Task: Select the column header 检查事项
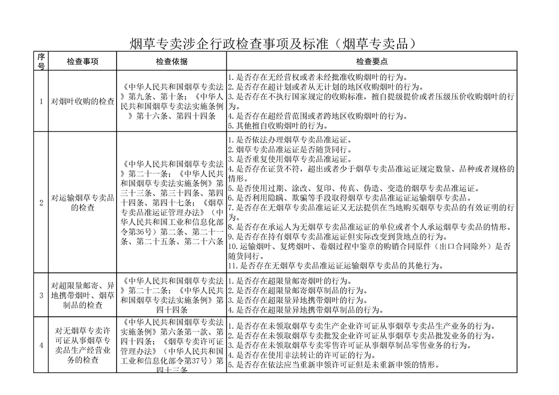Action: (83, 61)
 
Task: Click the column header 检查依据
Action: (171, 61)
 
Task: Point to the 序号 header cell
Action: (41, 61)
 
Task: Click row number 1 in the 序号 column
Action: (41, 102)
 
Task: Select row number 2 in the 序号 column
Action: (41, 202)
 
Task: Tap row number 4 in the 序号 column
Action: (41, 345)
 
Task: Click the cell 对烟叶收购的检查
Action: (83, 102)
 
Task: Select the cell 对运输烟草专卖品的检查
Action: (83, 202)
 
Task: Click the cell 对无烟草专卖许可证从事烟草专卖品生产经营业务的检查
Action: (83, 345)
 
